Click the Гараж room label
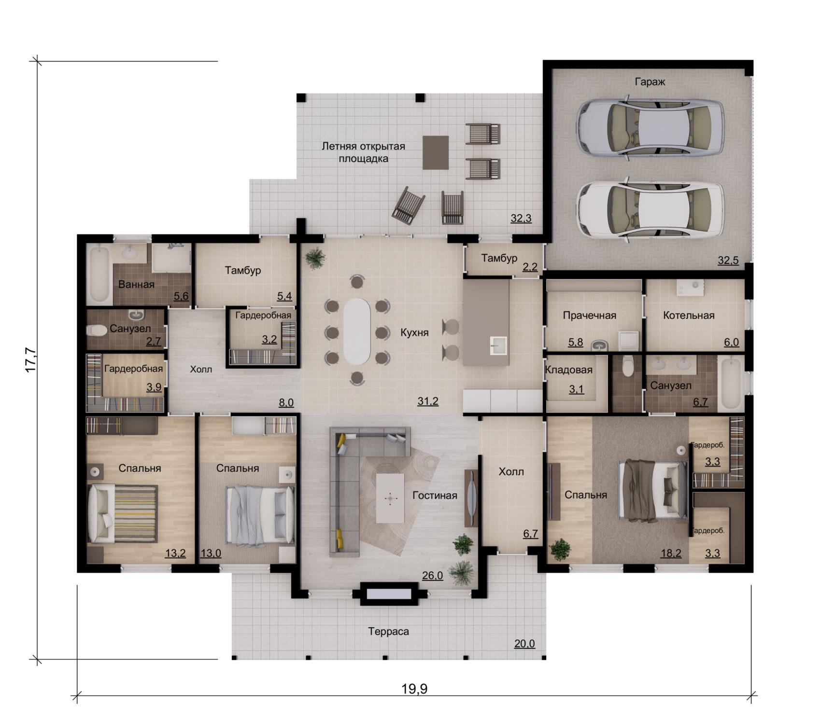coord(650,82)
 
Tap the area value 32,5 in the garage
coord(728,261)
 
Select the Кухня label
coord(414,332)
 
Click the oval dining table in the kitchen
coord(356,331)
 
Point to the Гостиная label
coord(435,496)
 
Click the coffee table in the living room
coord(390,498)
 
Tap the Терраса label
coord(388,632)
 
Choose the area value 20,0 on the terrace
coord(524,644)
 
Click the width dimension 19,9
coord(414,689)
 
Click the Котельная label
coord(689,316)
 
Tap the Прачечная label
coord(590,316)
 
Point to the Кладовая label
coord(569,370)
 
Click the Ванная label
coord(136,284)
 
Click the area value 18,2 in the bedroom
coord(671,553)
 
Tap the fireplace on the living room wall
coord(389,593)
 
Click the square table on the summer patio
coord(436,152)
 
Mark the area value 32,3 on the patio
coord(521,218)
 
